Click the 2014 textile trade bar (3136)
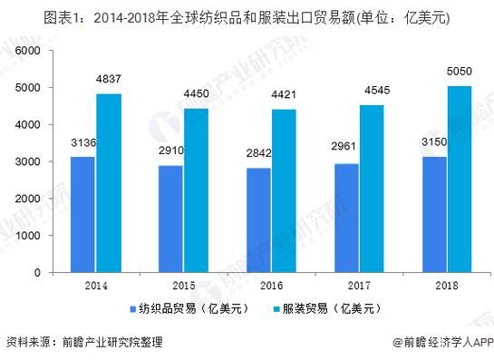coord(82,214)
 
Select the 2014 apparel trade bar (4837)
coord(109,182)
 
